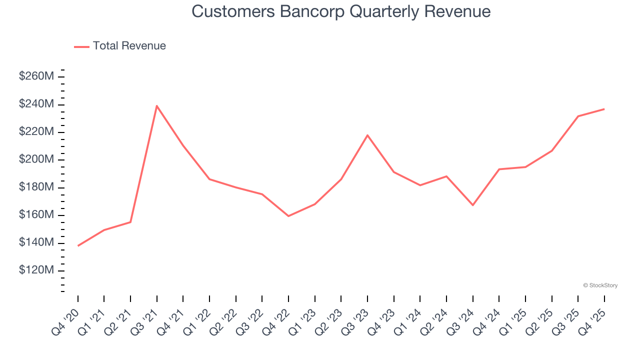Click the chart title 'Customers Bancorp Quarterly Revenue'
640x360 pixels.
(x=341, y=11)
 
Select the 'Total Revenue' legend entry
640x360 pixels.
(x=129, y=46)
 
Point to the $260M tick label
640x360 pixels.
(x=36, y=76)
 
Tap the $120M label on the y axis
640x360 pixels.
(x=36, y=270)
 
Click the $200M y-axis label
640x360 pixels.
(x=36, y=159)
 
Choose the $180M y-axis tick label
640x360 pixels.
(x=36, y=187)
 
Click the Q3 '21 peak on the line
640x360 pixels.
(x=157, y=105)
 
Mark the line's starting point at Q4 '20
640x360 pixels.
(x=78, y=246)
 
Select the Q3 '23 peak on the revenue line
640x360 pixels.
(x=367, y=135)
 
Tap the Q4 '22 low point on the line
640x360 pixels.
(x=288, y=216)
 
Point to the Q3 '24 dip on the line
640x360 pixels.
(x=472, y=205)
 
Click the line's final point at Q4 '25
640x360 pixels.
(x=604, y=109)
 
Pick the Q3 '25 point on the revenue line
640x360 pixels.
(x=578, y=116)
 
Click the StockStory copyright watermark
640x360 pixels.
(x=600, y=285)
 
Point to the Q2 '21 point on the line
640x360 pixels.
(x=130, y=222)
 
